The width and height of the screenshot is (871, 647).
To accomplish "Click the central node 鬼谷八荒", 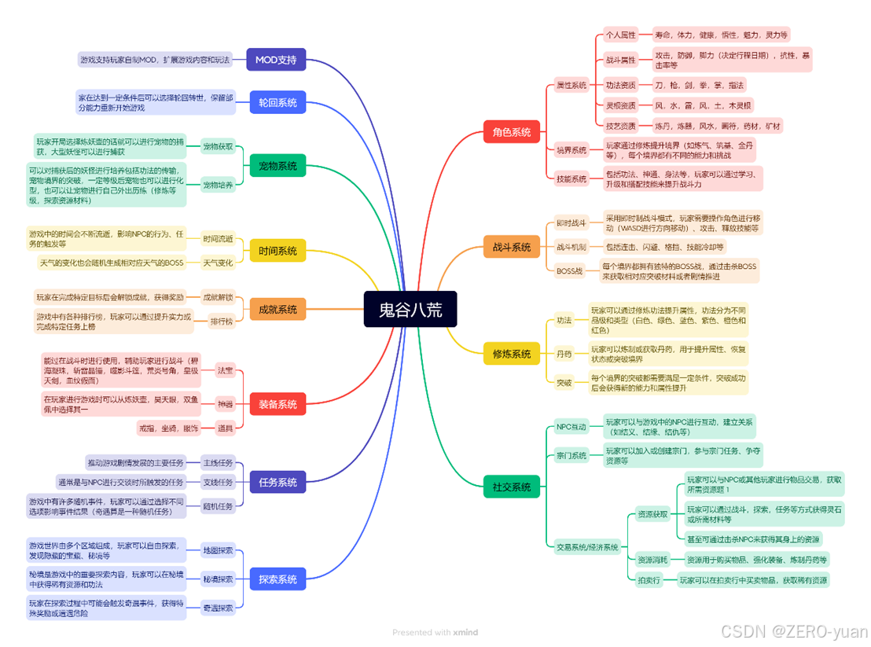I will (409, 310).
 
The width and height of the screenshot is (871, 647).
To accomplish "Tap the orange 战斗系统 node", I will (511, 247).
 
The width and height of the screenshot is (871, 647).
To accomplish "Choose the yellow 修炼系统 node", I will (511, 354).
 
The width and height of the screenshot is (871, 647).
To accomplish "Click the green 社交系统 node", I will (511, 487).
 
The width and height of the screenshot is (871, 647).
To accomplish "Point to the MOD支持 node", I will (276, 60).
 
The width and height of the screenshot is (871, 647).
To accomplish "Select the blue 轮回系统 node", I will (277, 102).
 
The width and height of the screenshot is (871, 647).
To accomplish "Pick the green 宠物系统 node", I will (277, 166).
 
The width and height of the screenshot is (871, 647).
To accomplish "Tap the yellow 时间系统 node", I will (277, 251).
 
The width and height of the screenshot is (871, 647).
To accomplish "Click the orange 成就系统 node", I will (277, 310).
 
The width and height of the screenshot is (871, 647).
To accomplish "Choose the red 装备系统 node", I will (277, 404).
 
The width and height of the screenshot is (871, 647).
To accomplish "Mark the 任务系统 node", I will (277, 482).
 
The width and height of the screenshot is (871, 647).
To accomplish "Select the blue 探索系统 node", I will (277, 579).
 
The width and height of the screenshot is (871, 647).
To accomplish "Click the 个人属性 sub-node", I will (620, 35).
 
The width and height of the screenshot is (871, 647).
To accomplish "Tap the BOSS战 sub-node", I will (569, 270).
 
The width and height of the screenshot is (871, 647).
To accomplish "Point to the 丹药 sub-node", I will (564, 354).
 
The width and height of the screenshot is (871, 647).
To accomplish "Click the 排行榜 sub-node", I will (221, 322).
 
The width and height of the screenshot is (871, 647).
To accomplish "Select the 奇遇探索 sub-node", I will (218, 608).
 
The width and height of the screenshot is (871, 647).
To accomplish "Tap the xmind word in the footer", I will (465, 632).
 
